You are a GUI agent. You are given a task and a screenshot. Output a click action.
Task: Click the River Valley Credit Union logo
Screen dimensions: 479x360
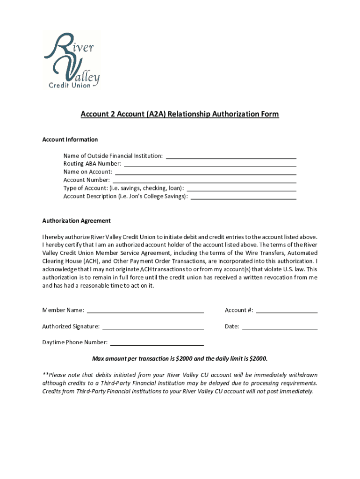71,60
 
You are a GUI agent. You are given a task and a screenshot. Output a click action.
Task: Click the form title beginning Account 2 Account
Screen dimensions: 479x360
180,114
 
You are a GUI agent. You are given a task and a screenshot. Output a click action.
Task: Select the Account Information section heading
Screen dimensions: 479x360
70,139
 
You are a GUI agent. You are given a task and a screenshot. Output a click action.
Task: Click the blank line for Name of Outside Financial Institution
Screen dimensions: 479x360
231,156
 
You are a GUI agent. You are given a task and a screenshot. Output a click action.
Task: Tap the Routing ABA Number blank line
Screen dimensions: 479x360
209,164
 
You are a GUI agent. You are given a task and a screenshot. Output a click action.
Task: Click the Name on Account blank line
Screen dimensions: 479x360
205,172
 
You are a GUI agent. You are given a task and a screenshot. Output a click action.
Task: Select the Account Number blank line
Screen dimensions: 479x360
204,180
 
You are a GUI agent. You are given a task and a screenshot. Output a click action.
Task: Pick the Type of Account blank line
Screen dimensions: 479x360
241,189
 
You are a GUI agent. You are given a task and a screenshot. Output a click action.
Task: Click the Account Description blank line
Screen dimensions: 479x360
244,196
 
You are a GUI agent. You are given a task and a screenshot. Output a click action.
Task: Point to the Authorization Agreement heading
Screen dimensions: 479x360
76,221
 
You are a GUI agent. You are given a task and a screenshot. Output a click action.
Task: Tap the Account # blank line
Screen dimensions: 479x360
287,310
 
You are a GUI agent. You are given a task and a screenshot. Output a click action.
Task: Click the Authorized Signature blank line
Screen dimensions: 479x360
153,327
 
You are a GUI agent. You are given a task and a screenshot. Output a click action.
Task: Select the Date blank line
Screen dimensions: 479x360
279,327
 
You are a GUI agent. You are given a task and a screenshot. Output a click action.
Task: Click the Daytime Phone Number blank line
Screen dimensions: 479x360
157,342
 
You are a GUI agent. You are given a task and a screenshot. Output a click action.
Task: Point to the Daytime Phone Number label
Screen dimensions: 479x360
75,342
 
